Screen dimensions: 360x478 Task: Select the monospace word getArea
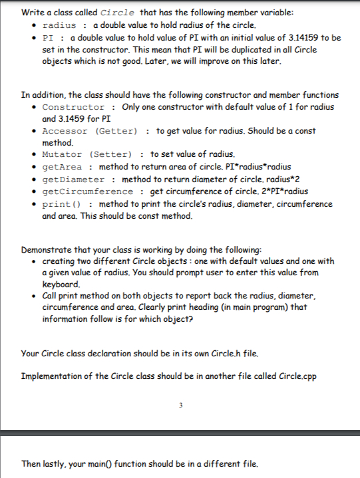63,166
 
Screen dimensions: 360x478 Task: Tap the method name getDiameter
73,179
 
